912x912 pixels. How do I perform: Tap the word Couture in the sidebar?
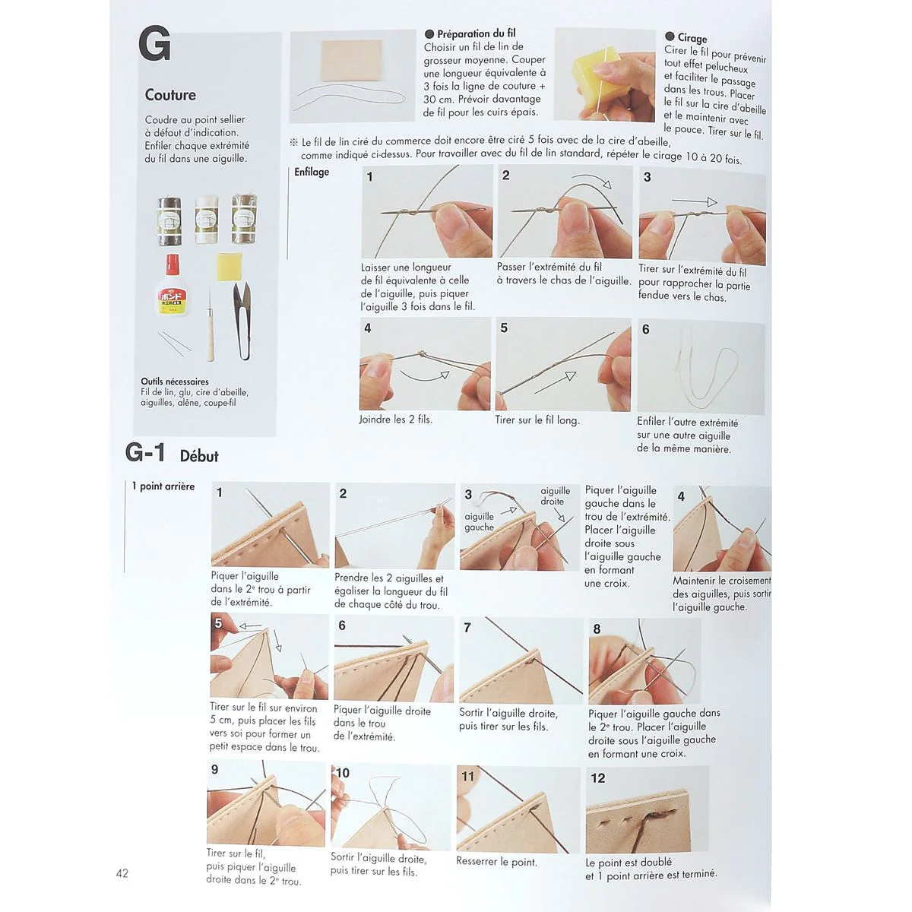click(170, 95)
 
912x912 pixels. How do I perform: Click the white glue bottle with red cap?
click(171, 287)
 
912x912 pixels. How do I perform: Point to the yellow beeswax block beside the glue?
click(230, 267)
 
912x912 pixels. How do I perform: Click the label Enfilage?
click(312, 172)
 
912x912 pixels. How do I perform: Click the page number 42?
click(122, 873)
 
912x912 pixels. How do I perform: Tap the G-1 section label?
click(145, 453)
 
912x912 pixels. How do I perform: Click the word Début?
click(199, 456)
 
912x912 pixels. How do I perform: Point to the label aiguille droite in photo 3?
click(555, 496)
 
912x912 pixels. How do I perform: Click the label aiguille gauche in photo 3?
click(479, 521)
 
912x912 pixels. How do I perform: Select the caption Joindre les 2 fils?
click(395, 420)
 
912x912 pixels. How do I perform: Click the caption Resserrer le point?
click(496, 861)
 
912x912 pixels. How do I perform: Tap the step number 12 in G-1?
click(598, 778)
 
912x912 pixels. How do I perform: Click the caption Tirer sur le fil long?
click(537, 420)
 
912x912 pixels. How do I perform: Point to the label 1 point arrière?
click(163, 486)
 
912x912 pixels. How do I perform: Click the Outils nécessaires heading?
click(175, 382)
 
